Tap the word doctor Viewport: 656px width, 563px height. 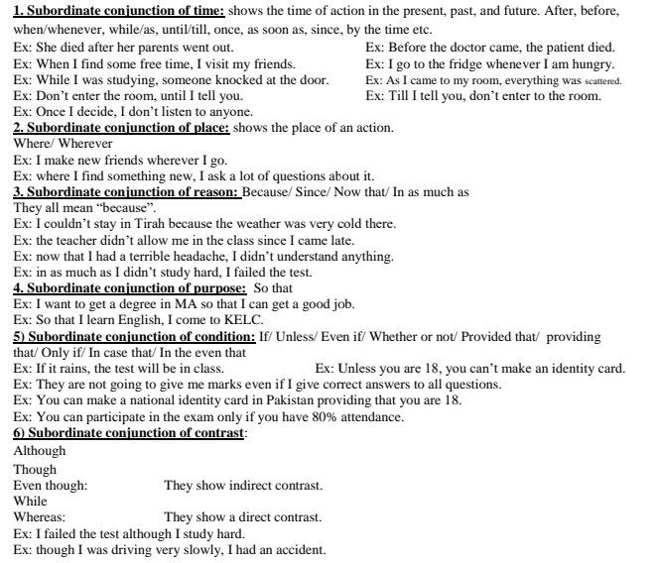pos(472,48)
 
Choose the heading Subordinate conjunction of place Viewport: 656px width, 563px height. pos(121,128)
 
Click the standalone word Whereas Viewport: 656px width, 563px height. pos(40,517)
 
